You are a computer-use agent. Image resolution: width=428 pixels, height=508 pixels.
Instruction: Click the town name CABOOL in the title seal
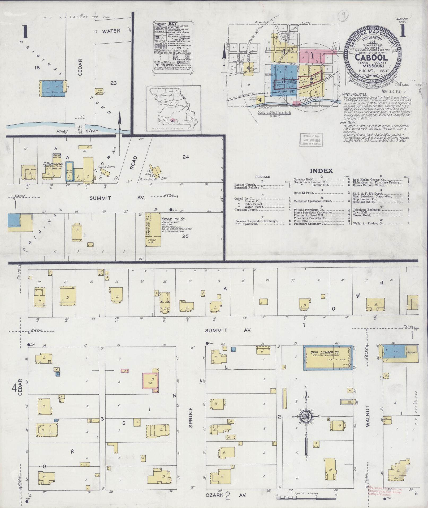[x=371, y=58]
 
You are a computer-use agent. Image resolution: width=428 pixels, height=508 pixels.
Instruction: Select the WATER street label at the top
[x=111, y=31]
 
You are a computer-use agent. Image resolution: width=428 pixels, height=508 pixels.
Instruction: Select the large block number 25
[x=185, y=236]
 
